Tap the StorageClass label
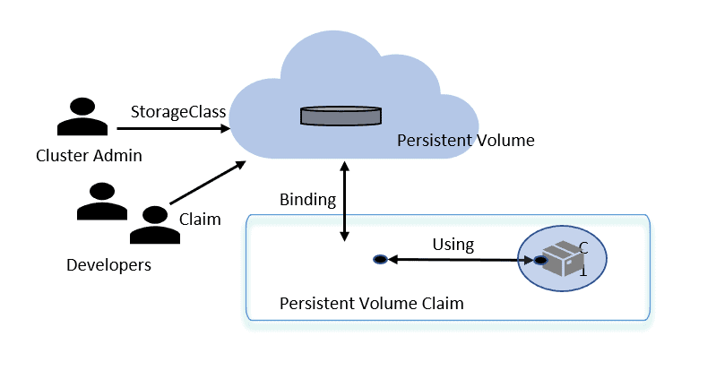[x=178, y=112]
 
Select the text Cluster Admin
[x=89, y=156]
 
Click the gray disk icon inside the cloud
[x=340, y=116]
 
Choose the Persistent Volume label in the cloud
[x=465, y=141]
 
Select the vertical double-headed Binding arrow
[x=343, y=202]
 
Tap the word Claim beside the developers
[x=200, y=220]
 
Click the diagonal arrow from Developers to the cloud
[x=207, y=184]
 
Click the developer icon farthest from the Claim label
[x=101, y=203]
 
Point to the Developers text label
[x=108, y=265]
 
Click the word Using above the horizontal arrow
[x=453, y=244]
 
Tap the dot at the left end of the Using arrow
[x=380, y=260]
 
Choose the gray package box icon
[x=560, y=259]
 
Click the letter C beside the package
[x=583, y=246]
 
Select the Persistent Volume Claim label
[x=372, y=304]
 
